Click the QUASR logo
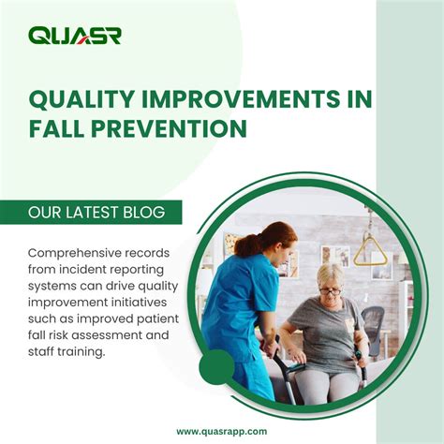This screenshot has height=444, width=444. click(74, 36)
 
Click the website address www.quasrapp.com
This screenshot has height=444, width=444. click(221, 430)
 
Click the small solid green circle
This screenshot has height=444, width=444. click(217, 366)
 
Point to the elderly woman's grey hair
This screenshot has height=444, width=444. click(331, 274)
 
